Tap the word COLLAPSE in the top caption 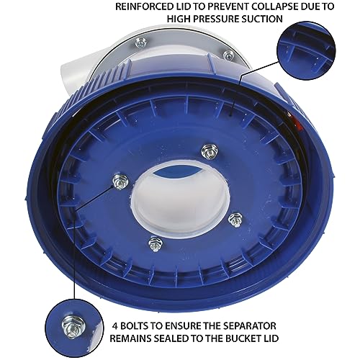pos(273,8)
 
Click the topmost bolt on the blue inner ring pos(210,150)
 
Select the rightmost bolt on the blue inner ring pos(233,218)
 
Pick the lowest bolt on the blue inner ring pos(153,243)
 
